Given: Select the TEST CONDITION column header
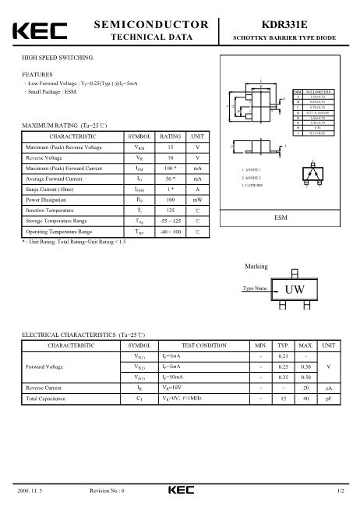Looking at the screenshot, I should pos(203,345).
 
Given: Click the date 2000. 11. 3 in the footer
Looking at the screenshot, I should pos(30,491).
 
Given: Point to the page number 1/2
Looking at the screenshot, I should pos(340,491).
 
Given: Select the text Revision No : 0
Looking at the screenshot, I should pos(108,491).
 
